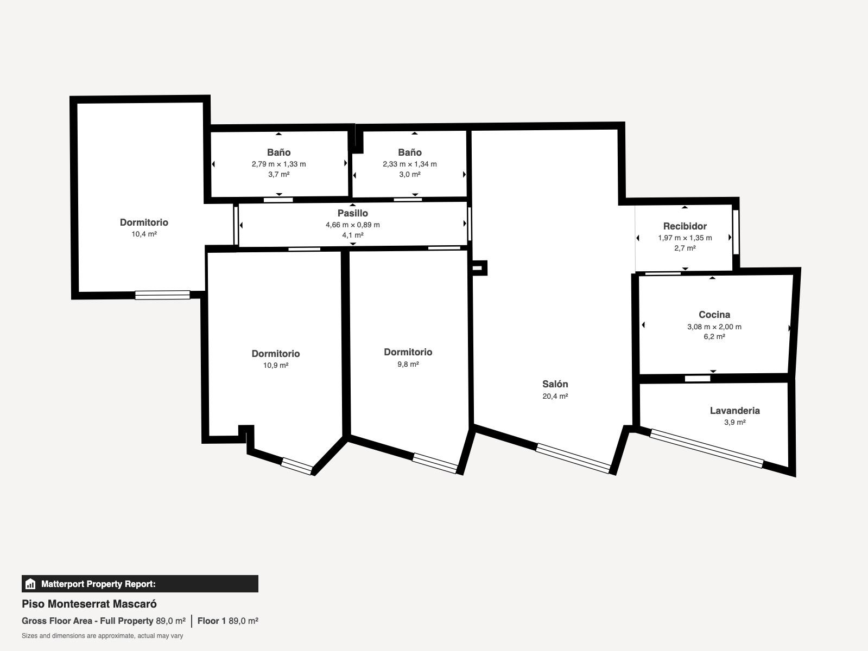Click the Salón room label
[555, 384]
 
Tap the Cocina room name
[714, 315]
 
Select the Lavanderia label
[735, 411]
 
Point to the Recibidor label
[685, 226]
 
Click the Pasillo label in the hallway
[353, 213]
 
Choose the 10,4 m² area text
[144, 234]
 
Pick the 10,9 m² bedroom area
[276, 366]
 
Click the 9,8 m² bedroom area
[408, 364]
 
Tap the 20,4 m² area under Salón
[555, 396]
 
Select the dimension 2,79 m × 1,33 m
[279, 164]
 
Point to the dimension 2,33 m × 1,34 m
[410, 164]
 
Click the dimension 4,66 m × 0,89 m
[353, 225]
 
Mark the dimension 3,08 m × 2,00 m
[714, 327]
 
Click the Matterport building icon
[30, 584]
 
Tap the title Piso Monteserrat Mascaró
[90, 604]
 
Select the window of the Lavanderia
[707, 448]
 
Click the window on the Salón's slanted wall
[573, 458]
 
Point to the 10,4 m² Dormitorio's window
[162, 295]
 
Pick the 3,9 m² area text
[735, 422]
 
